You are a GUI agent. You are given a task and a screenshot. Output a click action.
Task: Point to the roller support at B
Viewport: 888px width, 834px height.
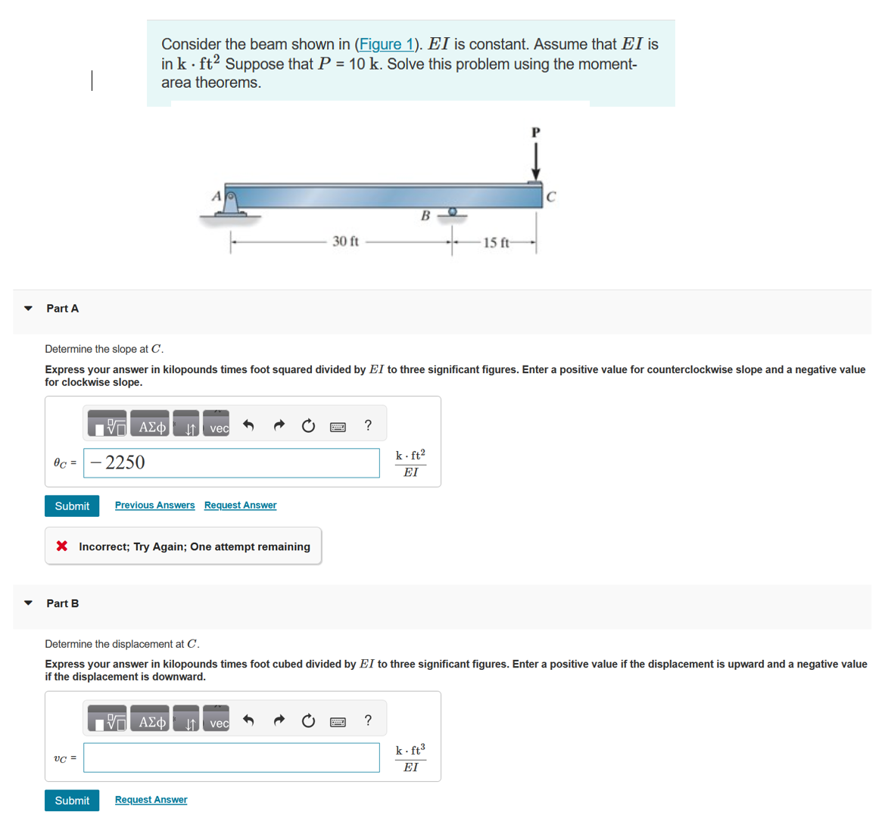point(453,213)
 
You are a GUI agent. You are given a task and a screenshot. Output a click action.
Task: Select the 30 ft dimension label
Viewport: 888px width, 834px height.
point(345,241)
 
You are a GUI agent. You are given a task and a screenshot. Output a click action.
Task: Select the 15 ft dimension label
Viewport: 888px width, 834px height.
point(497,243)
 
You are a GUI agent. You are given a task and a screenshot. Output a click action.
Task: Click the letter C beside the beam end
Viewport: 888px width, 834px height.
point(551,197)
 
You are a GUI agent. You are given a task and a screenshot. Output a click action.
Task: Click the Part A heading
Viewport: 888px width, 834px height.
point(62,308)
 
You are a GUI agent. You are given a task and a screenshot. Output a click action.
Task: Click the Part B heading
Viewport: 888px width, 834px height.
point(62,603)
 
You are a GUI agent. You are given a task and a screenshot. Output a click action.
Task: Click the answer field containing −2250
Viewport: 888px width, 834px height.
point(231,463)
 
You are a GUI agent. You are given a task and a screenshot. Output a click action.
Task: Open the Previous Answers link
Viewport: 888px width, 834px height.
point(154,505)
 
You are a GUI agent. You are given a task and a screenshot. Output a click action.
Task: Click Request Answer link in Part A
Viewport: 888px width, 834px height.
point(240,505)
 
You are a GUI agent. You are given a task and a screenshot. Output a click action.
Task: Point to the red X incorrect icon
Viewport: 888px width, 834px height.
point(62,546)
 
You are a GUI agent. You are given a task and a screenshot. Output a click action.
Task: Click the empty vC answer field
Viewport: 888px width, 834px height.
point(231,758)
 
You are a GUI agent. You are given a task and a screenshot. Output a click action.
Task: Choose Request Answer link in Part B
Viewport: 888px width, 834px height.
point(151,799)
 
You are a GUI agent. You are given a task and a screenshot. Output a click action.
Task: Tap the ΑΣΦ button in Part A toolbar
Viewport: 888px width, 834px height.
point(151,426)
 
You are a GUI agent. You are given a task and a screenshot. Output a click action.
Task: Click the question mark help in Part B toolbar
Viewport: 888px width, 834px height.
point(368,720)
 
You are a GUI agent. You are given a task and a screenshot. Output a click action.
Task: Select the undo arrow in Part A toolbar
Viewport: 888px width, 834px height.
point(248,425)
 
